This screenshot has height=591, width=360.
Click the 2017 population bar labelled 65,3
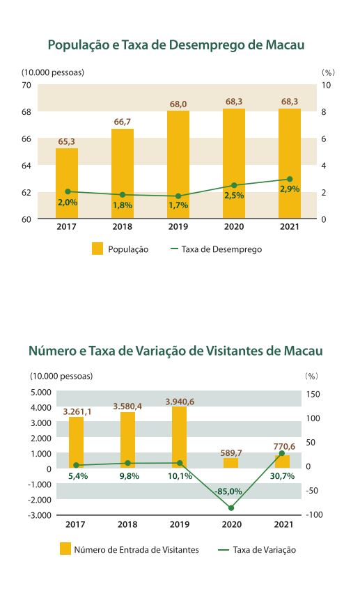(67, 183)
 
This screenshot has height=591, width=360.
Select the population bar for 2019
(178, 164)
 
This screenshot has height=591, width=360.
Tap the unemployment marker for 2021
(290, 179)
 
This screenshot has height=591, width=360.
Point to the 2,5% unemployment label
(234, 196)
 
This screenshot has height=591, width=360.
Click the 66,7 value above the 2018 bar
(123, 122)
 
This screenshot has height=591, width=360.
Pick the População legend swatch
(97, 249)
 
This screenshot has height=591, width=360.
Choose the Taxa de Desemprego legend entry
(217, 249)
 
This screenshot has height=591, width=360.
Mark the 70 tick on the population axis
(26, 85)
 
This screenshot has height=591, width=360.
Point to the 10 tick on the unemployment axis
(326, 85)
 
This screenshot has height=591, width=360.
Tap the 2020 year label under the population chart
(234, 226)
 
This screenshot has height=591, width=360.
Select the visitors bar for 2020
(230, 463)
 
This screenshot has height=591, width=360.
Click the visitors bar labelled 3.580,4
(128, 440)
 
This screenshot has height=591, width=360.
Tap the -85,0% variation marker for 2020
(231, 508)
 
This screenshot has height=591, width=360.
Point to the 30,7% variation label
(282, 476)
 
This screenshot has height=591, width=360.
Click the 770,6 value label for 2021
(284, 447)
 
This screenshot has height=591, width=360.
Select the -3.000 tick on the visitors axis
(39, 515)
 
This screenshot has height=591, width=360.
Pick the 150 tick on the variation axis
(313, 394)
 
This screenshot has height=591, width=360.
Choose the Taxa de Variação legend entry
(257, 549)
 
